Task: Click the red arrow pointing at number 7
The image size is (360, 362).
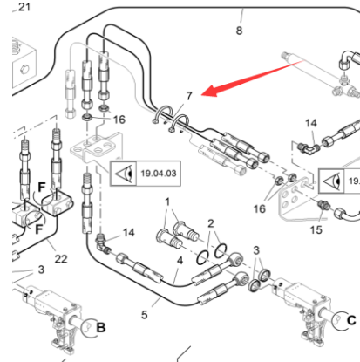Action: pyautogui.click(x=252, y=78)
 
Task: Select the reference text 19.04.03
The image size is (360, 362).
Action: pyautogui.click(x=159, y=174)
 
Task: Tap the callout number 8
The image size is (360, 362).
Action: pyautogui.click(x=239, y=31)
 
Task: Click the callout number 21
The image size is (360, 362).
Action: pyautogui.click(x=24, y=7)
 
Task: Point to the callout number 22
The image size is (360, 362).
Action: pyautogui.click(x=61, y=259)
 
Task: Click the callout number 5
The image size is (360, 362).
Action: pyautogui.click(x=145, y=315)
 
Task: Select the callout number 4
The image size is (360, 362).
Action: pyautogui.click(x=180, y=261)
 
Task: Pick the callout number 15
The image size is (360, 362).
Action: pyautogui.click(x=316, y=230)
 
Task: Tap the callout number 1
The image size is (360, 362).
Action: pyautogui.click(x=167, y=201)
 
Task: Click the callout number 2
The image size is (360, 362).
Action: pyautogui.click(x=211, y=223)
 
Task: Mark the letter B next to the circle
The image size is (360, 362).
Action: pyautogui.click(x=101, y=328)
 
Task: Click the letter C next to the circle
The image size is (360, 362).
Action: pyautogui.click(x=351, y=320)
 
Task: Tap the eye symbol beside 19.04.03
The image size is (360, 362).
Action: pyautogui.click(x=125, y=174)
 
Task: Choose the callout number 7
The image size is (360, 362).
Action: pyautogui.click(x=189, y=96)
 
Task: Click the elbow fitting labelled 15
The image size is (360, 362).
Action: pyautogui.click(x=323, y=205)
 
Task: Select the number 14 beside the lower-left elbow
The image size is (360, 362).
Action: pyautogui.click(x=128, y=233)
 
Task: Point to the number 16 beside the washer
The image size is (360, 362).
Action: pyautogui.click(x=119, y=120)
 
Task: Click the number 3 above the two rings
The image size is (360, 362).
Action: pyautogui.click(x=256, y=250)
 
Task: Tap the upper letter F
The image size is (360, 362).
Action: pyautogui.click(x=42, y=188)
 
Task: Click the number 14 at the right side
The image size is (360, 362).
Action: pyautogui.click(x=311, y=123)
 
